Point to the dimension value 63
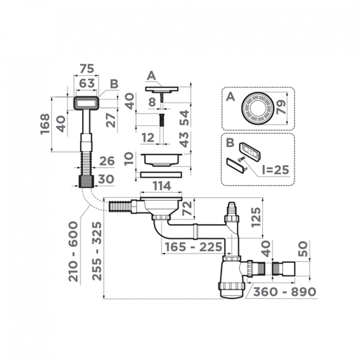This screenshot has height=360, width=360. pyautogui.click(x=86, y=84)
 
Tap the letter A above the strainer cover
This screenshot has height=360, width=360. pyautogui.click(x=150, y=75)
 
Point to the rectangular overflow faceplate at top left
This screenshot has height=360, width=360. pyautogui.click(x=87, y=106)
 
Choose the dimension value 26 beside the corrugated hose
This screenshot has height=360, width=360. pyautogui.click(x=107, y=161)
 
